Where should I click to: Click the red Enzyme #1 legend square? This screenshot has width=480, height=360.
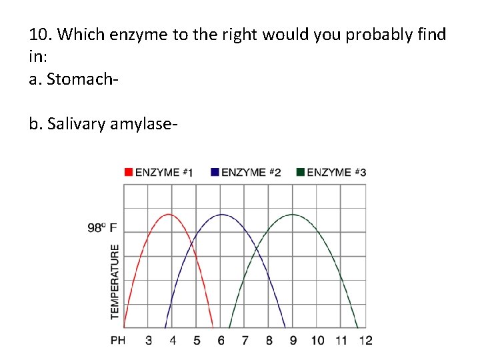pos(128,172)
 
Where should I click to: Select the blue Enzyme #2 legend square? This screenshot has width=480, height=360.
pos(215,172)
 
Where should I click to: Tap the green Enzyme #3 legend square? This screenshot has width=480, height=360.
pos(301,172)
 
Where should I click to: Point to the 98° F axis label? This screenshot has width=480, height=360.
pos(102,227)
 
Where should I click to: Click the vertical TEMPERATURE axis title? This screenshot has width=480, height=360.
pos(115,281)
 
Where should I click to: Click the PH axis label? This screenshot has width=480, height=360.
pos(118,341)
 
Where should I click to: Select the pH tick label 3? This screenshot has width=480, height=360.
pos(149,341)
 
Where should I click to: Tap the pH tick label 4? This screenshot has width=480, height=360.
pos(173,341)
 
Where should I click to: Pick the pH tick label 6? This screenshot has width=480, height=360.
pos(221,341)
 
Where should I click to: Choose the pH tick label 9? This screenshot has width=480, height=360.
pos(293,341)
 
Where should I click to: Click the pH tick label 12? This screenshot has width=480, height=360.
pos(365,341)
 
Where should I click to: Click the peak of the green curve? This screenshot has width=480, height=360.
pos(293,214)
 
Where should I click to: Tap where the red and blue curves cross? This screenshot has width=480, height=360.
pos(193,247)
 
